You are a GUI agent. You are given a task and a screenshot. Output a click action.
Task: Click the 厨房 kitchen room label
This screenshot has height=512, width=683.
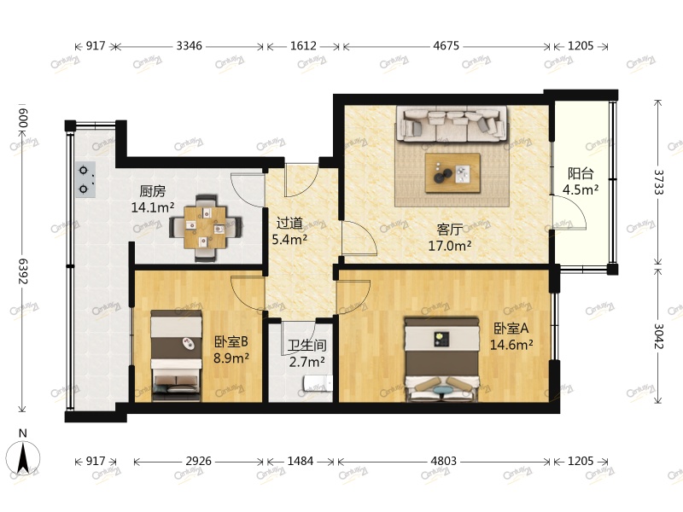[x=154, y=192]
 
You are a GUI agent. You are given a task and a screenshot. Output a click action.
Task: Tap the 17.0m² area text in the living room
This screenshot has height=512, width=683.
[x=450, y=246]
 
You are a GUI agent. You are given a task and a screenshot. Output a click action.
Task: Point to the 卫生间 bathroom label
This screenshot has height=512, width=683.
[x=306, y=346]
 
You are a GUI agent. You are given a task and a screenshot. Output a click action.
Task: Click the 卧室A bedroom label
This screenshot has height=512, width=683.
[x=511, y=328]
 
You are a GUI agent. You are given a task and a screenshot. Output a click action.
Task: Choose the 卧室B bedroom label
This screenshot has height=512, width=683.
[x=231, y=341]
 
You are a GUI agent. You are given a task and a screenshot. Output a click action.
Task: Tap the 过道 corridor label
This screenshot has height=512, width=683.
[x=288, y=224]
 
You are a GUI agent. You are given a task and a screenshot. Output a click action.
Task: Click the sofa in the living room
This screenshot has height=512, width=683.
[x=452, y=125]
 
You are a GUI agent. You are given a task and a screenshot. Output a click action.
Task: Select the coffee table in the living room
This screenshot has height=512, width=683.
[x=453, y=174]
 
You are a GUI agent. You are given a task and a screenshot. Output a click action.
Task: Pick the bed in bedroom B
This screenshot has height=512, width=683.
[x=176, y=356]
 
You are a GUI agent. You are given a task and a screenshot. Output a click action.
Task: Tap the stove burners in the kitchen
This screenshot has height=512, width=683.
[x=85, y=179]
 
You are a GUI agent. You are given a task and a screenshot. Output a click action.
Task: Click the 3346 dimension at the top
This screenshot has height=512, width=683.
[x=189, y=46]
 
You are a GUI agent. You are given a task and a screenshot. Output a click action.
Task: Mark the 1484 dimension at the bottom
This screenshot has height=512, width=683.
[x=300, y=461]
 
